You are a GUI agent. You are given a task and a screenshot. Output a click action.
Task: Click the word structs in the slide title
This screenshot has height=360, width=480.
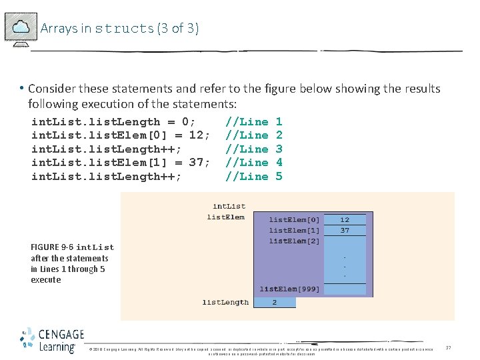coord(125,29)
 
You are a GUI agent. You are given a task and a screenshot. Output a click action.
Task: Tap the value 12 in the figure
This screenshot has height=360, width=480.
coord(345,219)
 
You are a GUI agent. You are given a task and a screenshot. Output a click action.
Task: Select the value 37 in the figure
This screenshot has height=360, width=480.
coord(345,231)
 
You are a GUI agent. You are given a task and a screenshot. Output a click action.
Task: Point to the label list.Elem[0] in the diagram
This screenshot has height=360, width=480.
coord(294,219)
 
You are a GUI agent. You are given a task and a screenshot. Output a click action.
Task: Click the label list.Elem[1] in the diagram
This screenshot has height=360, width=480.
coord(294,231)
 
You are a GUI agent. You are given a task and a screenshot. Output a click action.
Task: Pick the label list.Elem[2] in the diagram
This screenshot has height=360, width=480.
coord(294,241)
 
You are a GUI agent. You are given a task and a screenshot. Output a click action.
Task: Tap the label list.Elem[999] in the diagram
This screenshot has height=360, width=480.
coord(289,289)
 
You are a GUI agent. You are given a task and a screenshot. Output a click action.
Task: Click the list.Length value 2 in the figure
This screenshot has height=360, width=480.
coord(275,302)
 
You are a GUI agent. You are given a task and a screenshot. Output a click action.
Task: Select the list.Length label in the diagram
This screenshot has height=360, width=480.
coord(225,302)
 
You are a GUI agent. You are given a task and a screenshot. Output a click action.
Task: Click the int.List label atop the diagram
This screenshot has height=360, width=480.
coord(229,207)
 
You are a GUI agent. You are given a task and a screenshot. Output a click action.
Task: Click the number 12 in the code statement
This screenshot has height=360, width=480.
coord(196,135)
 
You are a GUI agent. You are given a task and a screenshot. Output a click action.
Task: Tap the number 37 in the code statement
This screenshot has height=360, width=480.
coord(196,163)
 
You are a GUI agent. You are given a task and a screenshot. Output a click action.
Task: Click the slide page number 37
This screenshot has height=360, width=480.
coord(449,348)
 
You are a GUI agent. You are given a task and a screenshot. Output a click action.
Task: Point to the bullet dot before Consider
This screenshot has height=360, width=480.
coord(22,89)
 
